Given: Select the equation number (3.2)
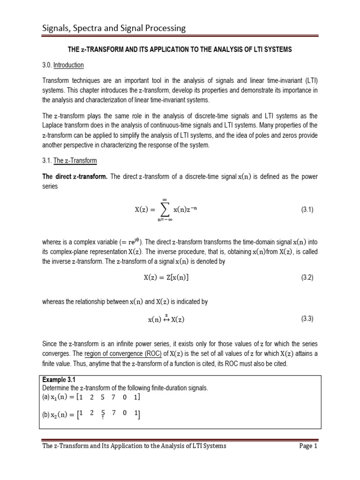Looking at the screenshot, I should [307, 277].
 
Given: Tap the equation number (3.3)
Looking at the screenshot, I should [307, 319].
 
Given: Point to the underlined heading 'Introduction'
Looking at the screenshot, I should [68, 65].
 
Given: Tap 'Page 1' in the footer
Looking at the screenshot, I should [308, 446].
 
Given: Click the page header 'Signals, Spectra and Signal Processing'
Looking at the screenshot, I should [112, 29].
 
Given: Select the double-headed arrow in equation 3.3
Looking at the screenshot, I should [166, 319].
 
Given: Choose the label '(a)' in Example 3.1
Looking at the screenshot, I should [46, 397].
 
